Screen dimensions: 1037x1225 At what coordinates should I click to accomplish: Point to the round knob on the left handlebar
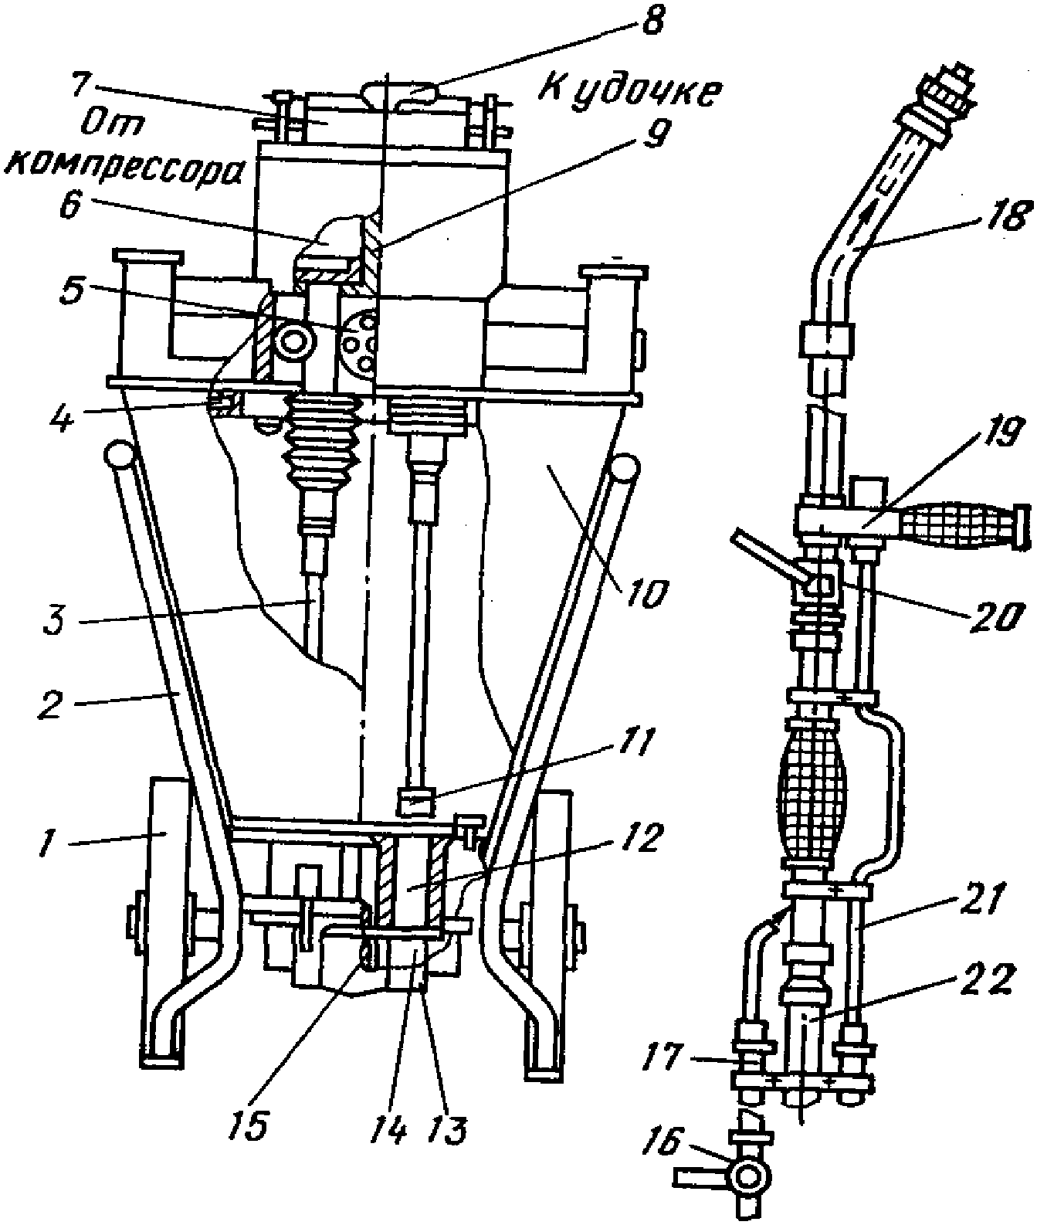click(119, 453)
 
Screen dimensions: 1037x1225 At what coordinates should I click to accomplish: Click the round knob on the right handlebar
click(623, 467)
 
